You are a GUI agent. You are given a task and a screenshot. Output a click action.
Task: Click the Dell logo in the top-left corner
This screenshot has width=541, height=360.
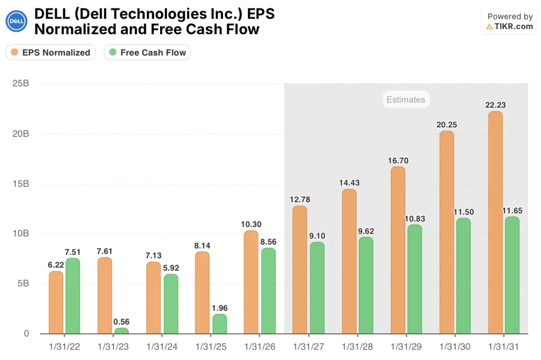16,22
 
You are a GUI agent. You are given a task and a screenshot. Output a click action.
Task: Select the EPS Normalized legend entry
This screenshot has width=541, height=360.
51,52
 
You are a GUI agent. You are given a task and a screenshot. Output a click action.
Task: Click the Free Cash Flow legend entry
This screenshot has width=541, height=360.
147,52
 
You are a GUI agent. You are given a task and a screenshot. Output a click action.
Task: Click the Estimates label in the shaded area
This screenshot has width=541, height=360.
405,99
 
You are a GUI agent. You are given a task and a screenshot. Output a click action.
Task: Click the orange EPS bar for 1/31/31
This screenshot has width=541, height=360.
495,222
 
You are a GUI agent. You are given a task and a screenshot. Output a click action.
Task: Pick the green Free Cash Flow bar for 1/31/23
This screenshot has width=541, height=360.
121,331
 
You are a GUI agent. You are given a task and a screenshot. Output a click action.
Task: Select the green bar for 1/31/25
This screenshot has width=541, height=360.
219,324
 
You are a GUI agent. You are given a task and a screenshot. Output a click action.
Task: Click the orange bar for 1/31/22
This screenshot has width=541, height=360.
56,302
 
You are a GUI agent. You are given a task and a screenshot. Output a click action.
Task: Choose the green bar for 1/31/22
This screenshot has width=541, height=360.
72,296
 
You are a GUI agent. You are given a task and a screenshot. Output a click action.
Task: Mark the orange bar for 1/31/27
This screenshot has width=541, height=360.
300,270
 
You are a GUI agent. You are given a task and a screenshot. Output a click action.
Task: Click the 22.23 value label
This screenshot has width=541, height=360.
495,105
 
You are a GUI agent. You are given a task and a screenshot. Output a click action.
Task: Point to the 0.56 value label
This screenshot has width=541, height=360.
122,321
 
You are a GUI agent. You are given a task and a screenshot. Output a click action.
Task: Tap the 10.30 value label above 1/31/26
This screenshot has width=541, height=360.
250,224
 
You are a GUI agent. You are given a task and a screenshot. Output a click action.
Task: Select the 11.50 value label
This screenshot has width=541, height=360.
463,212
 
